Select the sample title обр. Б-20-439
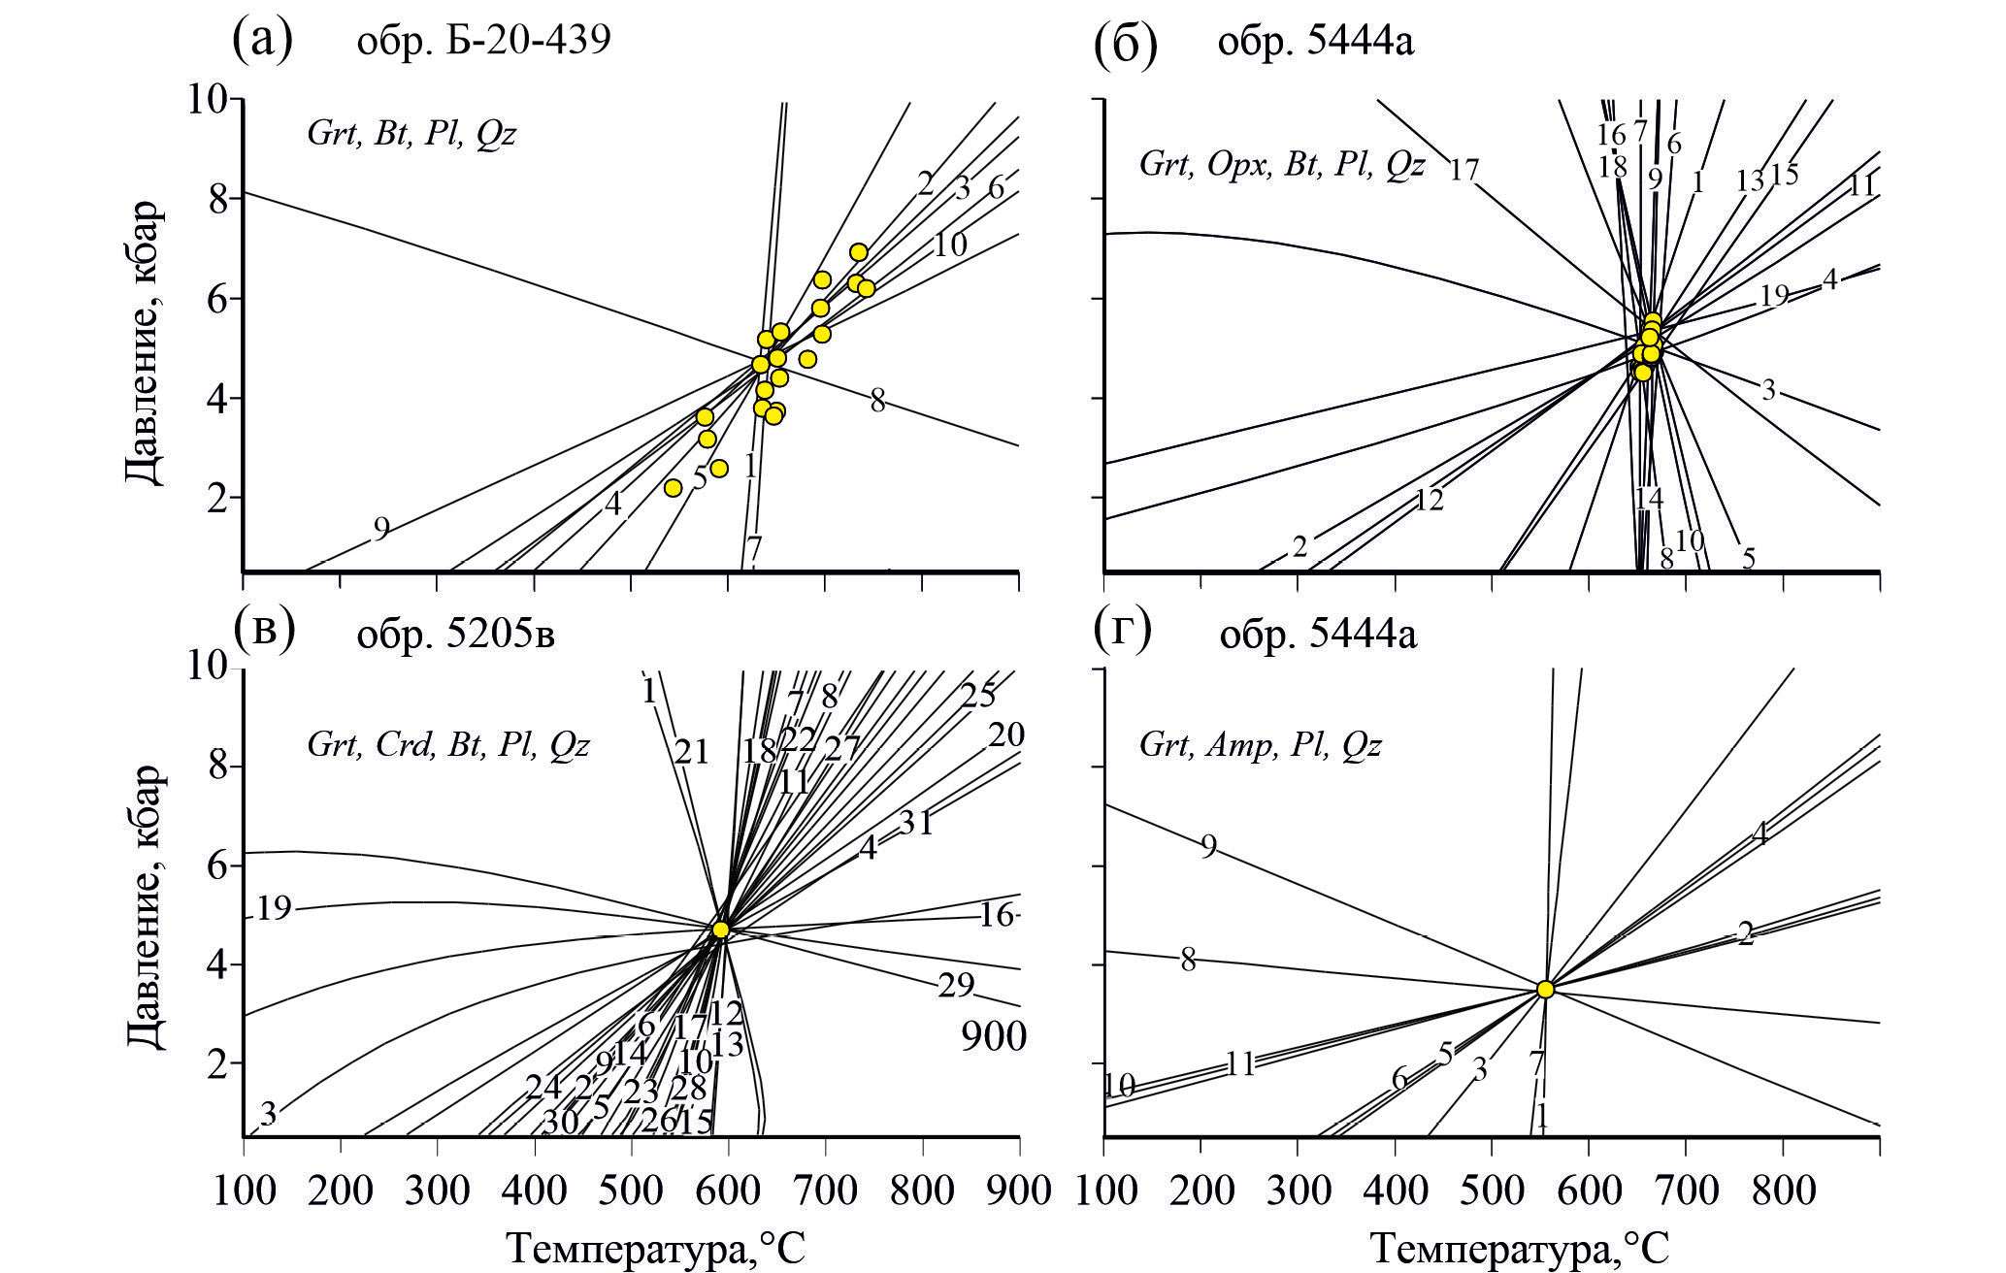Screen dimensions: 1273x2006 click(481, 42)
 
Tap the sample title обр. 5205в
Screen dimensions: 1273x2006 click(455, 634)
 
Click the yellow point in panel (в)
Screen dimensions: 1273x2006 click(720, 930)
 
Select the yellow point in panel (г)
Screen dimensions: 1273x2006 click(1545, 989)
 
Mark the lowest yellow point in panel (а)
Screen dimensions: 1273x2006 click(674, 487)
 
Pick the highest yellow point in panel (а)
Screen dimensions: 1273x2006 click(858, 252)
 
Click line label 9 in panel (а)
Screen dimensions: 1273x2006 click(381, 529)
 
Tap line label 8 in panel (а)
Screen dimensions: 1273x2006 click(877, 401)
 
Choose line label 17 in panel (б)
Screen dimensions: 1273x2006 click(1463, 171)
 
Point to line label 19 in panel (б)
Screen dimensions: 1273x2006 click(1773, 295)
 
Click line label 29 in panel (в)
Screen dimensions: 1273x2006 click(955, 986)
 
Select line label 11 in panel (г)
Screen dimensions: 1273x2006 click(1239, 1064)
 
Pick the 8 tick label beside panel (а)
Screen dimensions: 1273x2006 click(214, 199)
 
